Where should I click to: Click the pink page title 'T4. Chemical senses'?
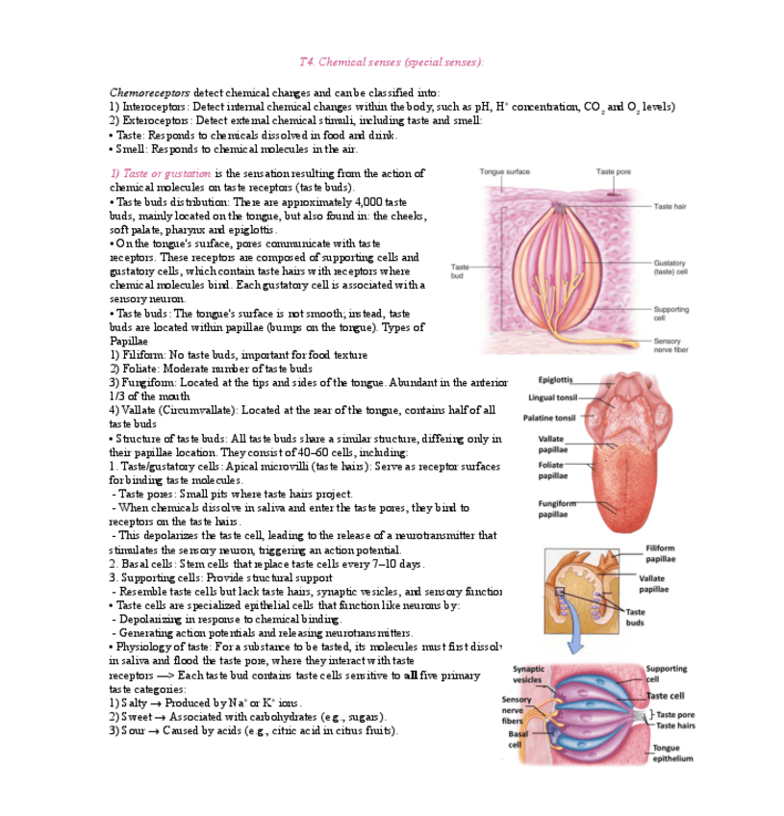[391, 63]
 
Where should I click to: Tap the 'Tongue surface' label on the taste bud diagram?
[504, 171]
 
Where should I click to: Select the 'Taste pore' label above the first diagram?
[613, 171]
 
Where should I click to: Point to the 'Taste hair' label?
[670, 207]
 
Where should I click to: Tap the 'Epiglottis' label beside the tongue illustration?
[556, 380]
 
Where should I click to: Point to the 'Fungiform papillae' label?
[557, 507]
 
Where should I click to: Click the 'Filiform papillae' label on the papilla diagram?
[660, 553]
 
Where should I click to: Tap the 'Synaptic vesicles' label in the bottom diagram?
[528, 674]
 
